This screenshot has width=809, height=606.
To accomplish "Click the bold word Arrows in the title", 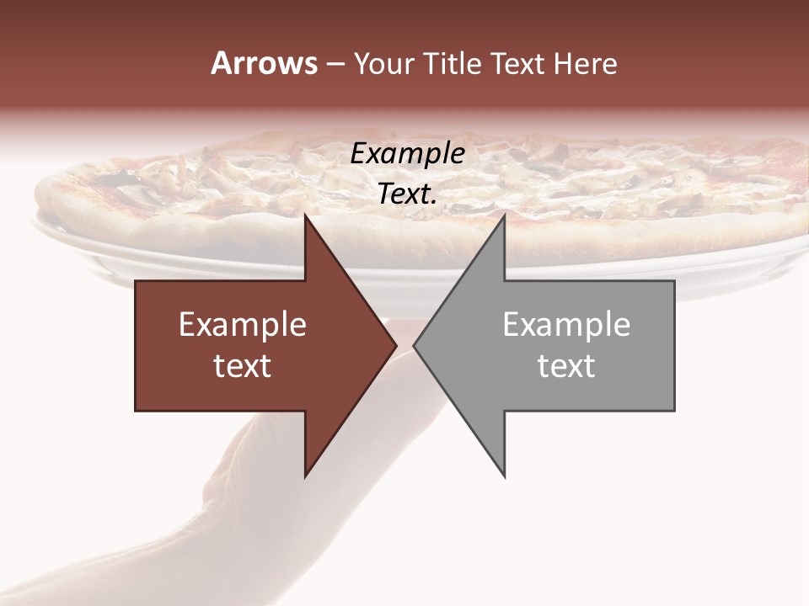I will pyautogui.click(x=264, y=64).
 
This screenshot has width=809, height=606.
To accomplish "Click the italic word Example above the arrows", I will pyautogui.click(x=407, y=154).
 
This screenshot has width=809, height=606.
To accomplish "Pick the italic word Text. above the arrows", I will pyautogui.click(x=407, y=194).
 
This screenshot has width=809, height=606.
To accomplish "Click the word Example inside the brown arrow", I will pyautogui.click(x=243, y=325).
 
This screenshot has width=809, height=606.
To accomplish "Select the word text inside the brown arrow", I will pyautogui.click(x=243, y=366).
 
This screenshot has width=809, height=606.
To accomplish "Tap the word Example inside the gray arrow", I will pyautogui.click(x=566, y=325).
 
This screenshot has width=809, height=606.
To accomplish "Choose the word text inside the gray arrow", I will pyautogui.click(x=566, y=366).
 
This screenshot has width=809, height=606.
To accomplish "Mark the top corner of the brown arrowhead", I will pyautogui.click(x=306, y=216).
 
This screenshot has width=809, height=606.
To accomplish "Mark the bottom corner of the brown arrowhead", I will pyautogui.click(x=306, y=476).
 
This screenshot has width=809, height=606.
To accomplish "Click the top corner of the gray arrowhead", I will pyautogui.click(x=504, y=216).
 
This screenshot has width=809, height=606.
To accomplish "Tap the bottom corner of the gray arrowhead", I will pyautogui.click(x=504, y=476).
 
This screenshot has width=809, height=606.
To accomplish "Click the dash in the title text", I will pyautogui.click(x=335, y=65).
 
